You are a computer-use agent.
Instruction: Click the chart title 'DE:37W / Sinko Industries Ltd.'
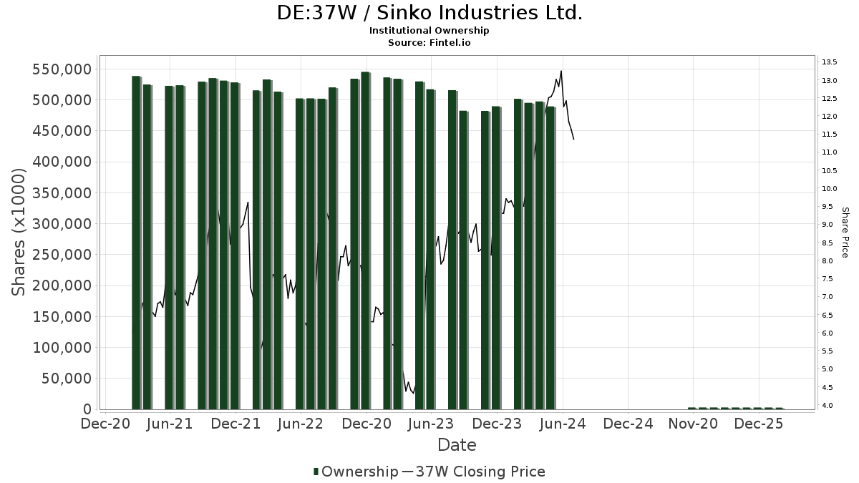pos(429,13)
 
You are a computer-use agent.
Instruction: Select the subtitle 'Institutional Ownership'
pos(429,31)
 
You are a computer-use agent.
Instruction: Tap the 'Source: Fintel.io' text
pos(429,43)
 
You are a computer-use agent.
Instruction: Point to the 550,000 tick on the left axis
pos(62,69)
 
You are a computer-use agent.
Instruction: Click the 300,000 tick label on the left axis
pos(62,224)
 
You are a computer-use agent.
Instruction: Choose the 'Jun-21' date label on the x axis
pos(170,424)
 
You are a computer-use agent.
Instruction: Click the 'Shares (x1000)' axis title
pos(19,232)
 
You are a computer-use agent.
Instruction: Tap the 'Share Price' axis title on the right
pos(845,232)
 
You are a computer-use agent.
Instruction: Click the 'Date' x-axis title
pos(457,445)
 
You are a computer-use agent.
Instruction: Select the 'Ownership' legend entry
pos(356,472)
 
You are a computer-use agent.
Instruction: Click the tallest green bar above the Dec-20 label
pos(365,240)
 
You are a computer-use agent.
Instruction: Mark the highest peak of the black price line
pos(561,71)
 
